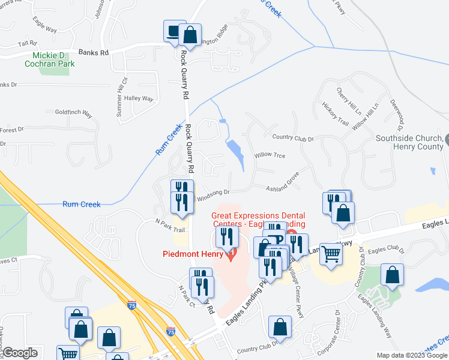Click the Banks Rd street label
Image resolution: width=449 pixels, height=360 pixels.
point(96,53)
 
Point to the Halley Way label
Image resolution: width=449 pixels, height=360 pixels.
point(139,99)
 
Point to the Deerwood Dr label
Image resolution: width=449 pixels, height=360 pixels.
point(396,116)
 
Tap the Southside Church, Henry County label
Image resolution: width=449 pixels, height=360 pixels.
point(409,142)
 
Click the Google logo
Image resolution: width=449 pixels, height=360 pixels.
point(20,353)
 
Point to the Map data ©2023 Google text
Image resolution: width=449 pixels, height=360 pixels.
point(412,355)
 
